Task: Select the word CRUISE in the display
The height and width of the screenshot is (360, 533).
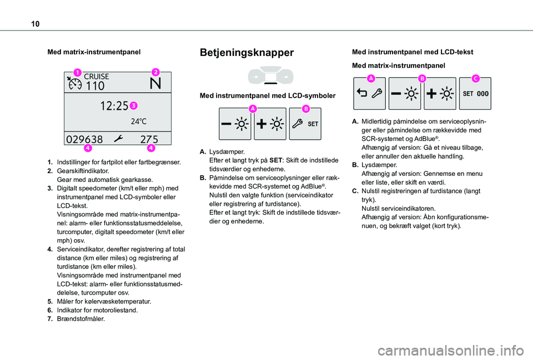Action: pyautogui.click(x=96, y=77)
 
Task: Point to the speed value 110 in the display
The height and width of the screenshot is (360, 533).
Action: pyautogui.click(x=95, y=86)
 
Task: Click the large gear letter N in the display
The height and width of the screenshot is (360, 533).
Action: pyautogui.click(x=156, y=85)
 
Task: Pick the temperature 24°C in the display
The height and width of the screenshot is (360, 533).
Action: pyautogui.click(x=139, y=120)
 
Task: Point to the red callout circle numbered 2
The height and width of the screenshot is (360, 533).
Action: pyautogui.click(x=155, y=72)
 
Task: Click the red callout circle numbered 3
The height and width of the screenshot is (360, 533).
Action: pyautogui.click(x=134, y=105)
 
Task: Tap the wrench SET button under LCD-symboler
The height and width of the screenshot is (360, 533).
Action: pyautogui.click(x=305, y=123)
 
